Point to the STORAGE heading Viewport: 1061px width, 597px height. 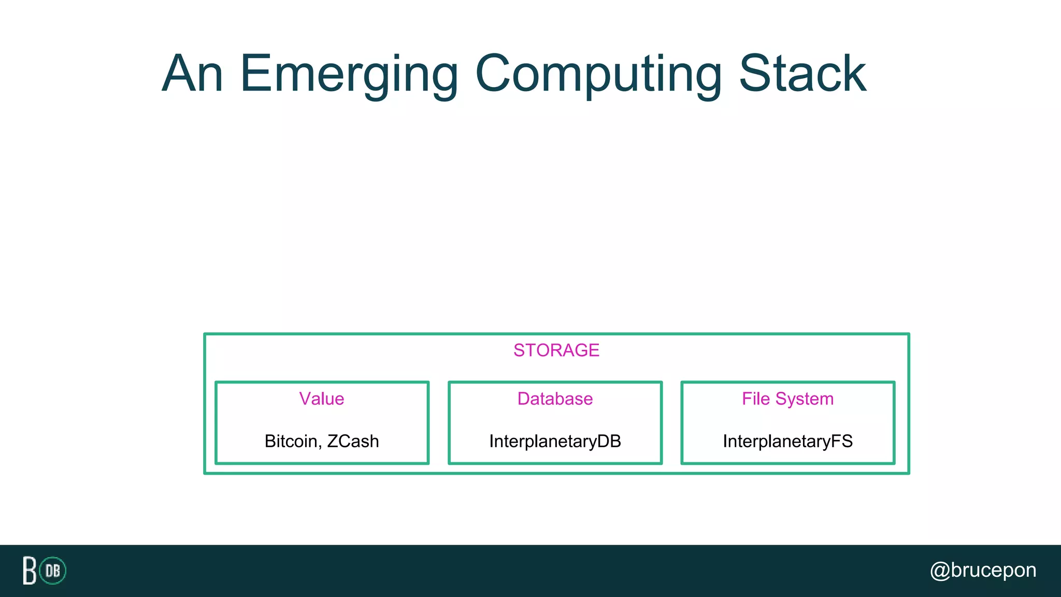(x=556, y=350)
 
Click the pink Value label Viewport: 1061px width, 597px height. (x=321, y=399)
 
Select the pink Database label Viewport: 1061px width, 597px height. (x=555, y=399)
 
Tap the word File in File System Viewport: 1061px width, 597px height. (x=756, y=399)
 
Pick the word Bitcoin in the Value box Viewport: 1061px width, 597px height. (x=291, y=441)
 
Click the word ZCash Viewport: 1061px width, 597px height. (x=353, y=441)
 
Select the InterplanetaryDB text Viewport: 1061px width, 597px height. (x=555, y=441)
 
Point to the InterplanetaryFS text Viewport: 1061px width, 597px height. (x=787, y=441)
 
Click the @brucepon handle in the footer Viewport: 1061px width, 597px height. (x=983, y=570)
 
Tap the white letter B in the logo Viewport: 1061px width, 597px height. (x=30, y=571)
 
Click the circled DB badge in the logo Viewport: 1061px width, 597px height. (x=53, y=571)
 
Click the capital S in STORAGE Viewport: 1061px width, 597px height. (x=519, y=350)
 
